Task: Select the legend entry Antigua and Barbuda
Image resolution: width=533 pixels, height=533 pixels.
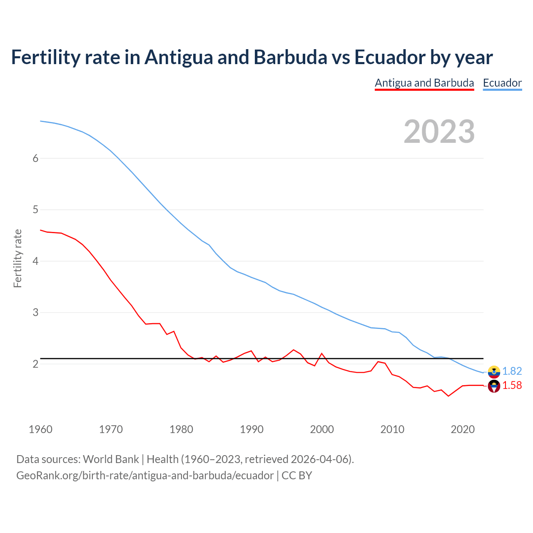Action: point(424,83)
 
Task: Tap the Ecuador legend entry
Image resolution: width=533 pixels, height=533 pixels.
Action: point(502,83)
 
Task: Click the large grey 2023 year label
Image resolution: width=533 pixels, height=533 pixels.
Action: point(439,132)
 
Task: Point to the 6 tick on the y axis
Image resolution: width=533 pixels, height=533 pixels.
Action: point(35,158)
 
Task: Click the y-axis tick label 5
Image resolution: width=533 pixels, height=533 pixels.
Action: point(35,209)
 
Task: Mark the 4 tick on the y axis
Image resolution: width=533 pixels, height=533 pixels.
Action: point(35,261)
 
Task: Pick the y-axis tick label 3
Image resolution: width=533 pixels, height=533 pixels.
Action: point(35,312)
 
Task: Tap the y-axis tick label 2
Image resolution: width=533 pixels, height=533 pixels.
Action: point(35,364)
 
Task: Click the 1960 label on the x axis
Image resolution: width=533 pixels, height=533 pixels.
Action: point(40,429)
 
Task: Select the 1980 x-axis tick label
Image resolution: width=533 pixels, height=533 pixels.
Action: point(181,429)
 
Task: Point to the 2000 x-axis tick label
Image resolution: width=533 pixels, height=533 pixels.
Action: point(322,429)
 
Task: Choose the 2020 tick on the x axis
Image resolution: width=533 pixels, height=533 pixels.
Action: point(463,429)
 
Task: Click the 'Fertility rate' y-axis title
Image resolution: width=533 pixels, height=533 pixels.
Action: point(17,258)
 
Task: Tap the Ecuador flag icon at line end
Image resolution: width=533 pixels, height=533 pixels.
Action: point(494,371)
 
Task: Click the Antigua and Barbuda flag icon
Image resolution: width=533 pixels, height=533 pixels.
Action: point(494,386)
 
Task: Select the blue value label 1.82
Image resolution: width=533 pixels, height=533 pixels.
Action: point(512,371)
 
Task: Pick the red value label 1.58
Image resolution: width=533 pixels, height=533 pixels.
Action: point(512,386)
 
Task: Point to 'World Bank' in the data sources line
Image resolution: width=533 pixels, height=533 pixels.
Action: point(111,459)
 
